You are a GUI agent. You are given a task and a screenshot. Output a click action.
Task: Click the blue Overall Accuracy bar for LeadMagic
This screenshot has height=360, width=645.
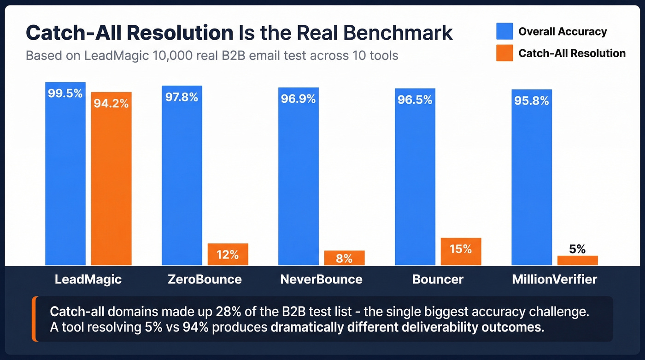click(x=65, y=180)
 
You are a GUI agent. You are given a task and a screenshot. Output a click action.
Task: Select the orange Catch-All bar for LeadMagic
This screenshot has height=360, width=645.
click(x=111, y=184)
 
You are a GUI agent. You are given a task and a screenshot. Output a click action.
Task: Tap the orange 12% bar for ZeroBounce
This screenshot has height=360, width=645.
click(x=228, y=254)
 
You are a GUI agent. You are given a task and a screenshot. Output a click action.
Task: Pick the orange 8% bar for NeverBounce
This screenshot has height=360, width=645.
click(x=344, y=258)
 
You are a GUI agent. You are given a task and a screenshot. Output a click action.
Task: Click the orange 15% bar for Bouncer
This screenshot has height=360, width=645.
click(x=461, y=252)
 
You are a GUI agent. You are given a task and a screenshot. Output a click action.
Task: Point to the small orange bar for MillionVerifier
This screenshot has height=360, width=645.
click(x=577, y=260)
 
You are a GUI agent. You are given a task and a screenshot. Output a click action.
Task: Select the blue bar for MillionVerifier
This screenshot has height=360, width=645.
click(x=531, y=180)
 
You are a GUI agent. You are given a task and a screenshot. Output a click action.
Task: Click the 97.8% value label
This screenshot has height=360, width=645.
click(x=182, y=97)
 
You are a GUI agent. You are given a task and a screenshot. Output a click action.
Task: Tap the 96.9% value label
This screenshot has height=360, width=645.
click(x=298, y=99)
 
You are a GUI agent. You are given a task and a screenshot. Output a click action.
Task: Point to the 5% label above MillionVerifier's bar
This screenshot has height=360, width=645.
click(x=577, y=249)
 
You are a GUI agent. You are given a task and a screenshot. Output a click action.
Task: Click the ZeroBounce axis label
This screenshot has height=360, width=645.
click(x=205, y=279)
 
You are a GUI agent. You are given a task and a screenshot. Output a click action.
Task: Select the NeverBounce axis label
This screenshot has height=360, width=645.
click(x=321, y=279)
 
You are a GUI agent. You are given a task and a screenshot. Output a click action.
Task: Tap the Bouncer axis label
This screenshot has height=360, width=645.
click(x=438, y=279)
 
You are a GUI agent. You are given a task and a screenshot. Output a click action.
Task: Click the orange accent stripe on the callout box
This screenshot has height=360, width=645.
click(x=34, y=319)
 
